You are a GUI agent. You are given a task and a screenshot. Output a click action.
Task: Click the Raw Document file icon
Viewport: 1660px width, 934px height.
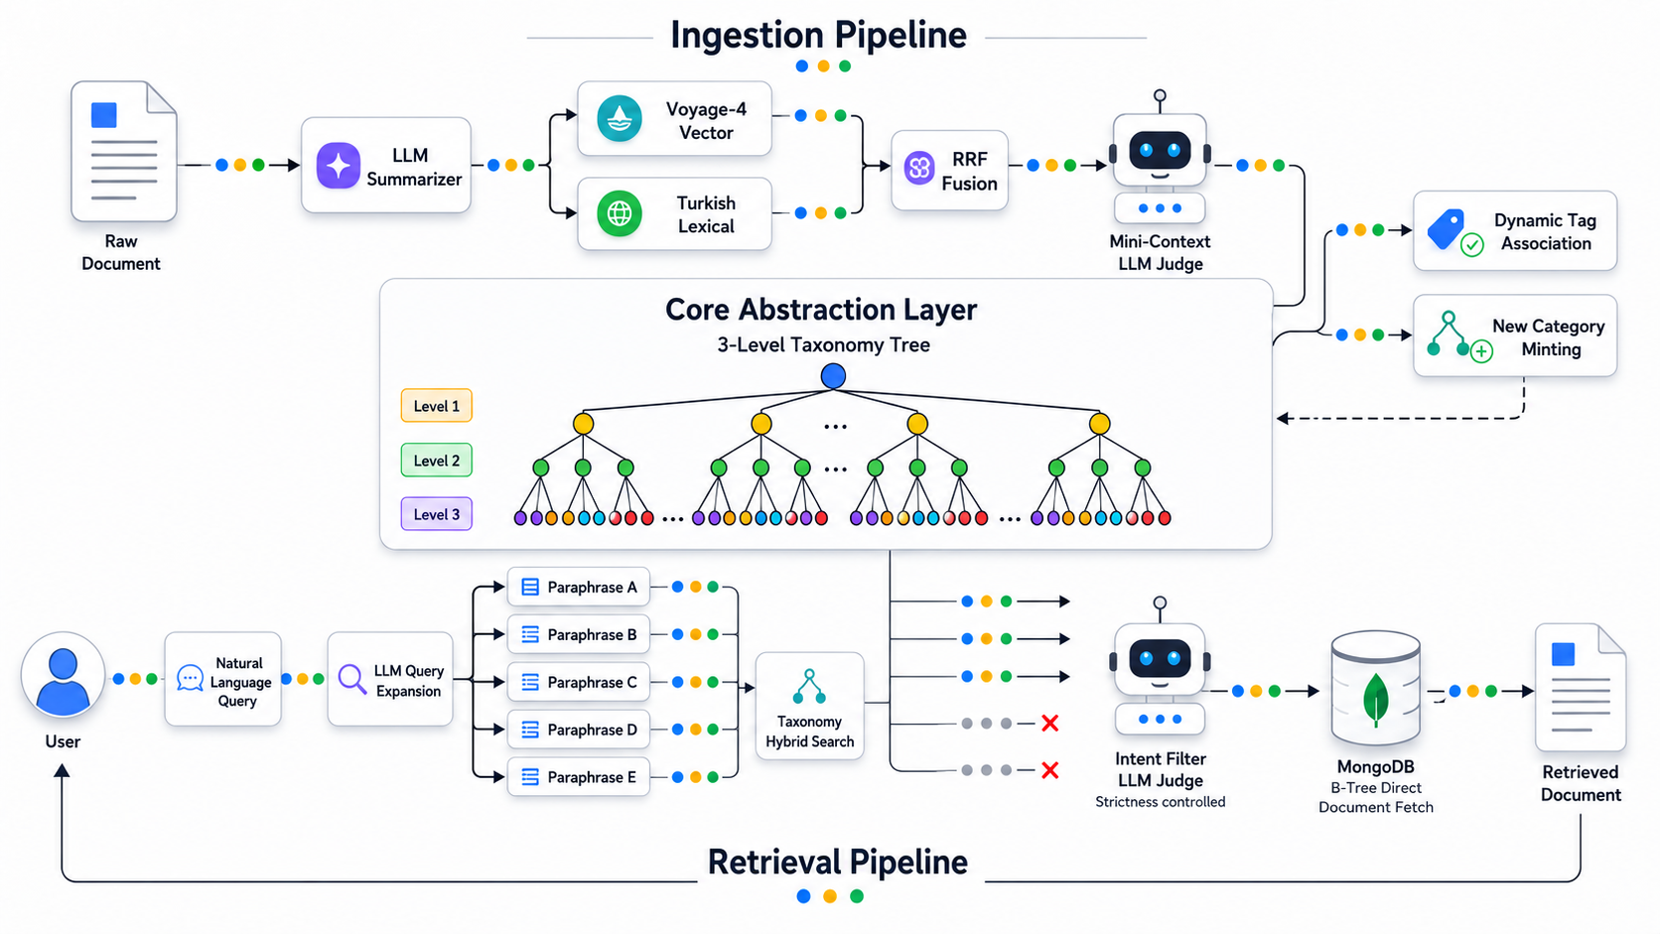[x=124, y=151]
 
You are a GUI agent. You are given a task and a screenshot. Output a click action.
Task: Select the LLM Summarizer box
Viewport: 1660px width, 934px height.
[x=386, y=165]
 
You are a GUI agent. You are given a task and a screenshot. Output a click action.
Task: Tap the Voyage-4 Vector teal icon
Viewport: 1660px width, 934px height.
[x=620, y=118]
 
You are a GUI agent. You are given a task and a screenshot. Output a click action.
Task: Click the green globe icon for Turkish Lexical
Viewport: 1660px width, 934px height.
[x=620, y=213]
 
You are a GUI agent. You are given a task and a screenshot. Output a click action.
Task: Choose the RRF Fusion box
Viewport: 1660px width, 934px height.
[x=949, y=171]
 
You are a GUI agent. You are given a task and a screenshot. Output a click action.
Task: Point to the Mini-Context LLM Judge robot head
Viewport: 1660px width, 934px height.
[x=1160, y=150]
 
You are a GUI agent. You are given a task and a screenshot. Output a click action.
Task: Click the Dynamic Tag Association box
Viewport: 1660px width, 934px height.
[x=1515, y=230]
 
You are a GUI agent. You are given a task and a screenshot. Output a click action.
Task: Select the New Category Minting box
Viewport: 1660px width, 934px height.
[x=1515, y=335]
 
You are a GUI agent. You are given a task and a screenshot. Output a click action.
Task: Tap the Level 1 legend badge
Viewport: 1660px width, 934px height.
[x=437, y=405]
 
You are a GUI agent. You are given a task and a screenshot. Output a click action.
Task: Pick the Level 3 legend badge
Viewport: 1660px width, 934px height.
[x=437, y=513]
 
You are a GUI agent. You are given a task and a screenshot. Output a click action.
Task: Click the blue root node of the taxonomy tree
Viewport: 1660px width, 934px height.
[x=833, y=375]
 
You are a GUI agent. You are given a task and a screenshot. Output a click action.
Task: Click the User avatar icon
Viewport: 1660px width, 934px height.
[x=63, y=674]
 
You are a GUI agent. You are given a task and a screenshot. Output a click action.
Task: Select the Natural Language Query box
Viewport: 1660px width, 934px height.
[x=223, y=679]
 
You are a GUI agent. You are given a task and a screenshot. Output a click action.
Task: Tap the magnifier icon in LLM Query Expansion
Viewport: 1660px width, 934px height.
[x=352, y=679]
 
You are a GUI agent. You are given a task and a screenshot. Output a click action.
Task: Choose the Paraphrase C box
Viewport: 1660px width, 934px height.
[x=578, y=682]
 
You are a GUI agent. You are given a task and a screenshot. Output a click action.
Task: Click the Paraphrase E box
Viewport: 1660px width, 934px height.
[x=578, y=776]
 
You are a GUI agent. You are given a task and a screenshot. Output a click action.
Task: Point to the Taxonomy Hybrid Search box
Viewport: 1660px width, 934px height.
[x=809, y=706]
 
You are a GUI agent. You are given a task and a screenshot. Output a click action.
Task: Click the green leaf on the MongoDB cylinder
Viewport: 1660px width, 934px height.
[x=1375, y=698]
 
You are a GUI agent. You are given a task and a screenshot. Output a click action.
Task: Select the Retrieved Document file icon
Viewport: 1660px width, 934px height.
[x=1581, y=688]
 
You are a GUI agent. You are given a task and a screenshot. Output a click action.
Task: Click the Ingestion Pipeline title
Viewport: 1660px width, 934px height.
[x=819, y=35]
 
